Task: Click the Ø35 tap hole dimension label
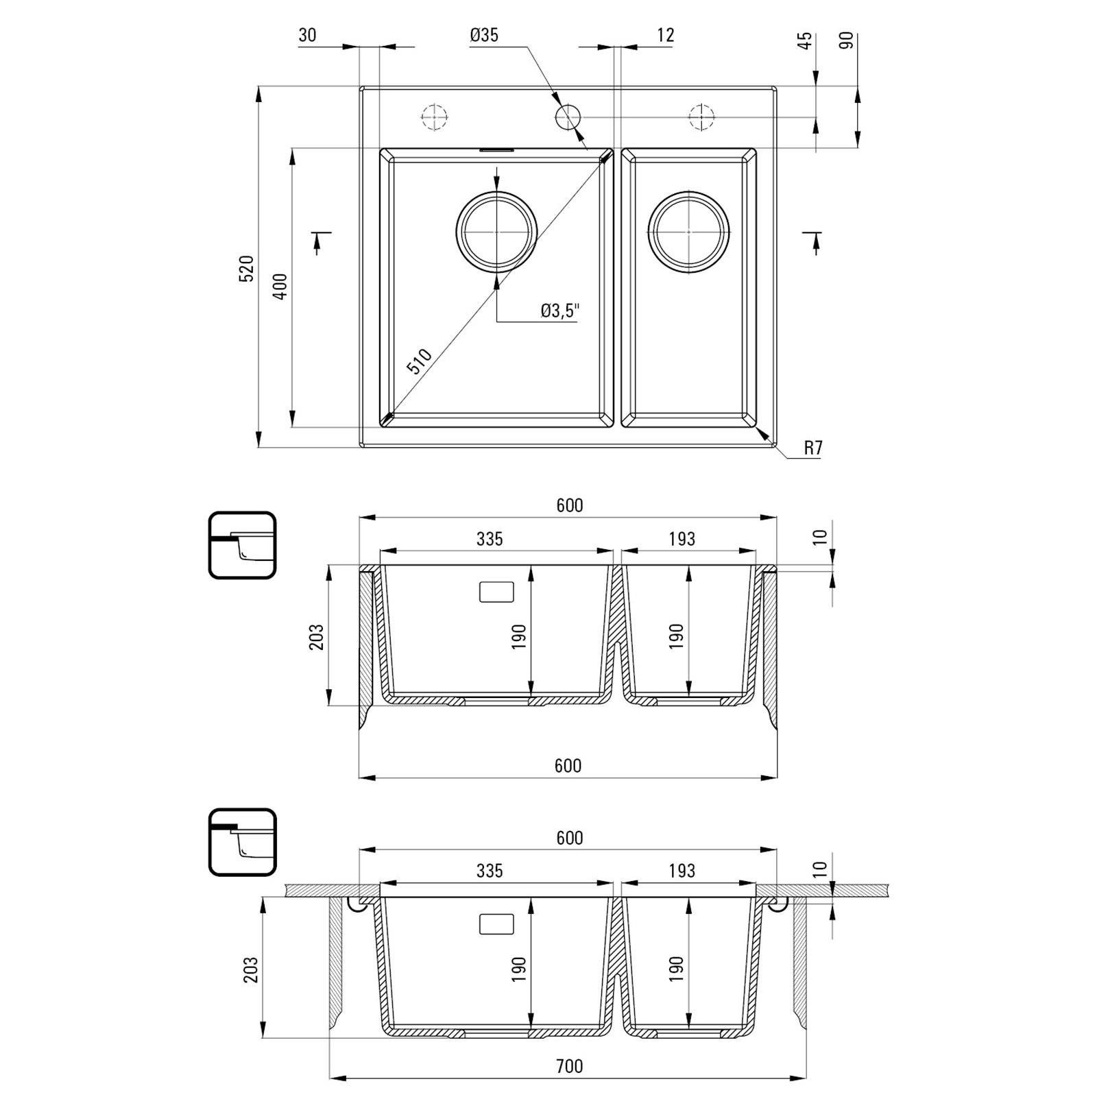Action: click(x=484, y=35)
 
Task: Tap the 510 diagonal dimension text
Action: click(x=420, y=361)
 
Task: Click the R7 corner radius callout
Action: click(x=812, y=448)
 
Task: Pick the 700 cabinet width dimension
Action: click(x=569, y=1066)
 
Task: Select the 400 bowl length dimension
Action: click(x=280, y=287)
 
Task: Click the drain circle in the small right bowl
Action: click(x=688, y=232)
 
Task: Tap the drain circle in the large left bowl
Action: click(x=496, y=232)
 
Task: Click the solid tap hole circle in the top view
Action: click(x=568, y=118)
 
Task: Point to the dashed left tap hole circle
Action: click(x=434, y=118)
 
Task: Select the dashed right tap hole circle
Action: click(x=701, y=118)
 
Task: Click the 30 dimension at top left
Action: click(x=308, y=35)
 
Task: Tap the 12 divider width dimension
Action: click(x=666, y=35)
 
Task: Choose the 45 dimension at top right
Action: click(x=806, y=40)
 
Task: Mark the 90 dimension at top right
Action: click(x=847, y=40)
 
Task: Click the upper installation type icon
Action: click(x=242, y=545)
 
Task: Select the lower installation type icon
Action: click(x=242, y=842)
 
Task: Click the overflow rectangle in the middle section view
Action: click(x=496, y=592)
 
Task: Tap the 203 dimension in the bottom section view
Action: click(x=252, y=970)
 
